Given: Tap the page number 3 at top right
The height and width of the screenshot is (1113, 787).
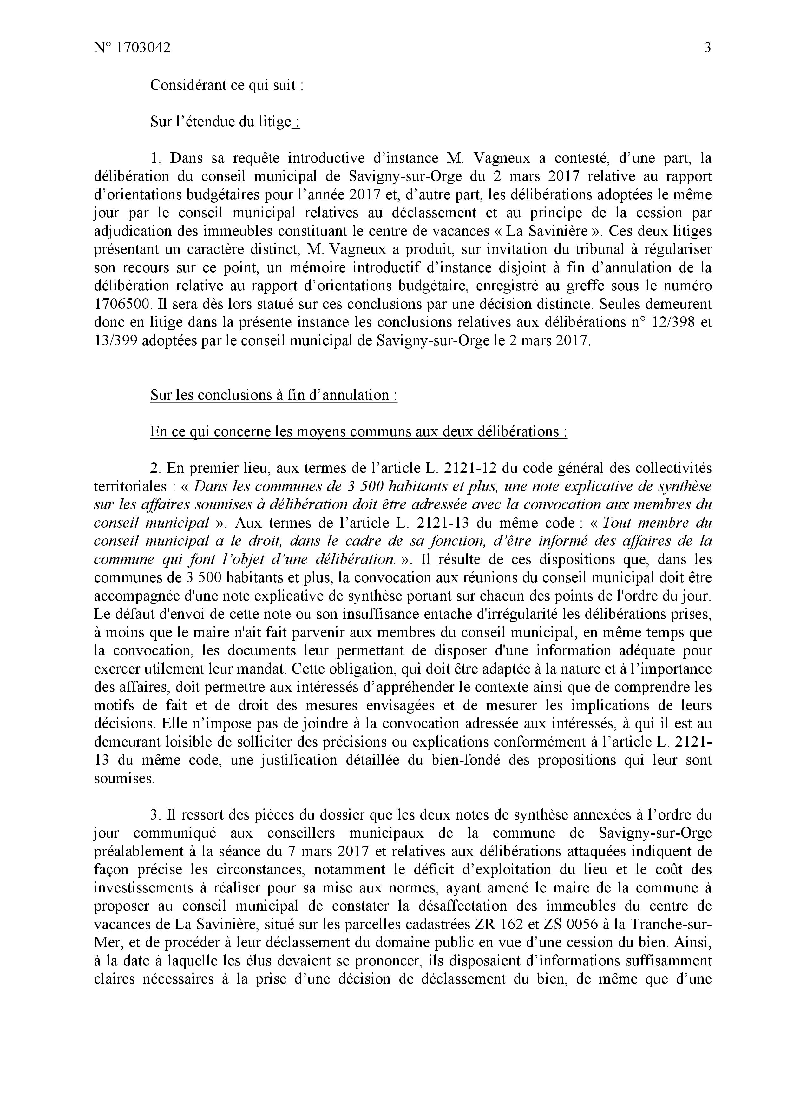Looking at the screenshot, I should [707, 48].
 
